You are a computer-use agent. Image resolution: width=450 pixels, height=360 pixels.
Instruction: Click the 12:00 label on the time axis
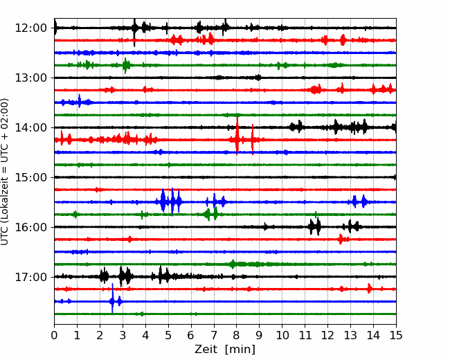(x=30, y=28)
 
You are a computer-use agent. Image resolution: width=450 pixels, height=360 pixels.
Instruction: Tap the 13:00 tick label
(x=30, y=78)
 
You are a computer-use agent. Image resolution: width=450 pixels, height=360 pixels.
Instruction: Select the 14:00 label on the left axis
(x=30, y=127)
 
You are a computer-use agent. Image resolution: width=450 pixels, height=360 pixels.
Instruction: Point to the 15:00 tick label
(x=30, y=177)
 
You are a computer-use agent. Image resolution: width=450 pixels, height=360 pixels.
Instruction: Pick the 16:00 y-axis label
(x=30, y=227)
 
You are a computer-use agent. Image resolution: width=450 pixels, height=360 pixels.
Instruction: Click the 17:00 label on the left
(x=30, y=277)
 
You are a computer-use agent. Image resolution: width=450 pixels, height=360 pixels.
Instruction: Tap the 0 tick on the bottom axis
(x=54, y=335)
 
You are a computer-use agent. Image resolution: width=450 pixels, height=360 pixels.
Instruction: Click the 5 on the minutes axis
(x=168, y=335)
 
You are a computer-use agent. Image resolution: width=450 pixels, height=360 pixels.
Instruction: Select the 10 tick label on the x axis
(x=282, y=335)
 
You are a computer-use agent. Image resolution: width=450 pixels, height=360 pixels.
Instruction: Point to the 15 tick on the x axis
(x=396, y=335)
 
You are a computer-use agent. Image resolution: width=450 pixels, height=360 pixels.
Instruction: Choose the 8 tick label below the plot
(x=237, y=335)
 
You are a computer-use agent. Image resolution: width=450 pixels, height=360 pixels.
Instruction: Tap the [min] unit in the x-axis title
(x=240, y=350)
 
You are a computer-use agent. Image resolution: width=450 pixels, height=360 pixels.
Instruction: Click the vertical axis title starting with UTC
(x=4, y=172)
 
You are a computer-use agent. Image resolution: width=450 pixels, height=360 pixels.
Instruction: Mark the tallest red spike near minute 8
(x=237, y=135)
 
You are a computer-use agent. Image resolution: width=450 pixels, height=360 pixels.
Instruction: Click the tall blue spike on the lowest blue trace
(x=112, y=298)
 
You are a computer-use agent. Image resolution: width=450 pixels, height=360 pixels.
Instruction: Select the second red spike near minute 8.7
(x=253, y=140)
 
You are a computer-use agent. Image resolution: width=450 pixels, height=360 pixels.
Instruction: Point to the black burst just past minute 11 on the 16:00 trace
(x=315, y=226)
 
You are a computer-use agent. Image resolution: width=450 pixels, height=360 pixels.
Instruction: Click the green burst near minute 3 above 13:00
(x=126, y=66)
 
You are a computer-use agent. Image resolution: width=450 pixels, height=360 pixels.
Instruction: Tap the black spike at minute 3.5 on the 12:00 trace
(x=134, y=32)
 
